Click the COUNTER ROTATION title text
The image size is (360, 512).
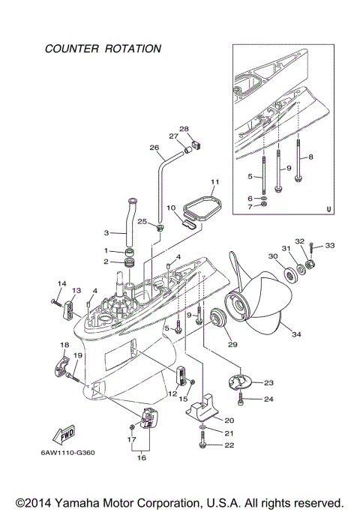coord(103,49)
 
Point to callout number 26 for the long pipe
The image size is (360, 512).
coord(154,148)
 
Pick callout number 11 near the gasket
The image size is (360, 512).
coord(214,182)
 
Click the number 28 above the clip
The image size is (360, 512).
coord(184,129)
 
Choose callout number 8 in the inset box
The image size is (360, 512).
coord(310,157)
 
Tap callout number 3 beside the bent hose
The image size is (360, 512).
coord(107,232)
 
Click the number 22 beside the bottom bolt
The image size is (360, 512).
coord(230,445)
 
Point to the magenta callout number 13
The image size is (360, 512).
coord(76,290)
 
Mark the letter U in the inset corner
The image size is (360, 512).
coord(328,209)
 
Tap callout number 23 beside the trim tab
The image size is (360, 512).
coord(268,382)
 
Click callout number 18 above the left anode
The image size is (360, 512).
coord(64,344)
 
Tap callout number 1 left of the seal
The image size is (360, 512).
coord(107,250)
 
